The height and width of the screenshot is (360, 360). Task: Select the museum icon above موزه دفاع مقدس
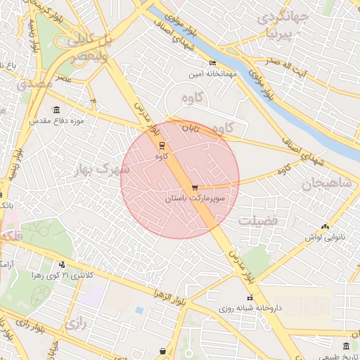[56, 110]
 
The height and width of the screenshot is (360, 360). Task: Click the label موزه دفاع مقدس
[56, 121]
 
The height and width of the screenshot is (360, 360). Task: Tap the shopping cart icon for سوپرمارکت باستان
[195, 188]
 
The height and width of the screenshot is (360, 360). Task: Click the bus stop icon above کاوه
[163, 145]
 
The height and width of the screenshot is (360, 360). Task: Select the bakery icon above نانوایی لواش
[325, 226]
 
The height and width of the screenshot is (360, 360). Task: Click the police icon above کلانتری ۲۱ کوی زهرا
[62, 264]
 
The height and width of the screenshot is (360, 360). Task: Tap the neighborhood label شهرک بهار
[101, 169]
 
